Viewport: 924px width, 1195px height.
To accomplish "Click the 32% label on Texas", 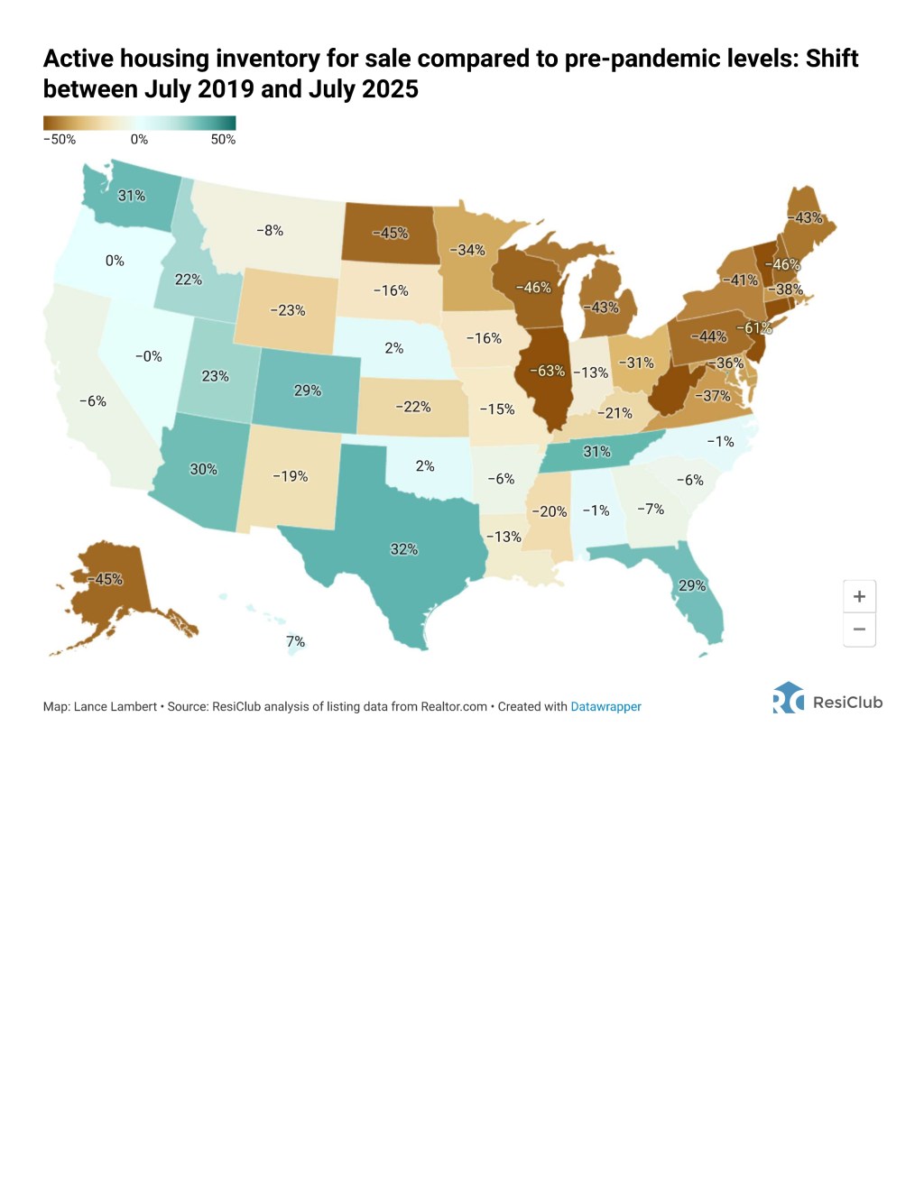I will (403, 549).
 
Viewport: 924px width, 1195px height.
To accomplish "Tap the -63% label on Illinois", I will (547, 371).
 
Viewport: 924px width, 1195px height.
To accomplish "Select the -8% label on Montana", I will (270, 231).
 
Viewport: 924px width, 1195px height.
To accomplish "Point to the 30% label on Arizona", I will (203, 469).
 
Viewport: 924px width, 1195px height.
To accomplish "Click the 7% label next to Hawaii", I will (295, 642).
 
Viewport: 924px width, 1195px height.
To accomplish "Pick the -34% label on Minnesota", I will (467, 250).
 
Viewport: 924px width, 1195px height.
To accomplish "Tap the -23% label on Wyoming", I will (288, 310).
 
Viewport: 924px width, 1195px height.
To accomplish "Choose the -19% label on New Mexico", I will (291, 476).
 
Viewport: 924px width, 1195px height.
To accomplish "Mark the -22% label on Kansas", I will (413, 407).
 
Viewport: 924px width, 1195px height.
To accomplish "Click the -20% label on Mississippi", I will (550, 511).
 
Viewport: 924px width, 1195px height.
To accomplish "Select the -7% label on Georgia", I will (651, 510).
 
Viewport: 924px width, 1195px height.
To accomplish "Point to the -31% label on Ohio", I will (636, 363).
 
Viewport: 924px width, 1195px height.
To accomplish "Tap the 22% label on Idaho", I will (188, 280).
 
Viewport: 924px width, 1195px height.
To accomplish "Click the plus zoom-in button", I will (859, 597).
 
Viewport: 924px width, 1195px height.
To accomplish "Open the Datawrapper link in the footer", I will (605, 707).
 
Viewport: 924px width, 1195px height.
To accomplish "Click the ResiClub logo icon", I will (788, 698).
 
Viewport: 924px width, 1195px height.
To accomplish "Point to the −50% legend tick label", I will (60, 140).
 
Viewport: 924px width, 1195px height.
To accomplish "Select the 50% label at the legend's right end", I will (223, 140).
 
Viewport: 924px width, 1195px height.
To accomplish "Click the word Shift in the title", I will (831, 59).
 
